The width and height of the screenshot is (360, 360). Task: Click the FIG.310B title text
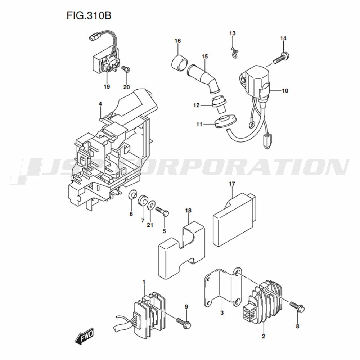pos(89,15)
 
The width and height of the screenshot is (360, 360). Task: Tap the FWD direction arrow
pos(84,336)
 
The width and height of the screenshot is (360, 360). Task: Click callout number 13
pos(232,33)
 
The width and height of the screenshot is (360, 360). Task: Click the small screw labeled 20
pos(126,69)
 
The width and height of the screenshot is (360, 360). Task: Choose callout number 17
pos(232,184)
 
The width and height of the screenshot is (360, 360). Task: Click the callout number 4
pos(100,104)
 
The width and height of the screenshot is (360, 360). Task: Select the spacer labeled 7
pos(143,200)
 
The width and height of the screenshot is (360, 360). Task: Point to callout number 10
pos(285,91)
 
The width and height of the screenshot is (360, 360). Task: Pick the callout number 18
pos(188,211)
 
